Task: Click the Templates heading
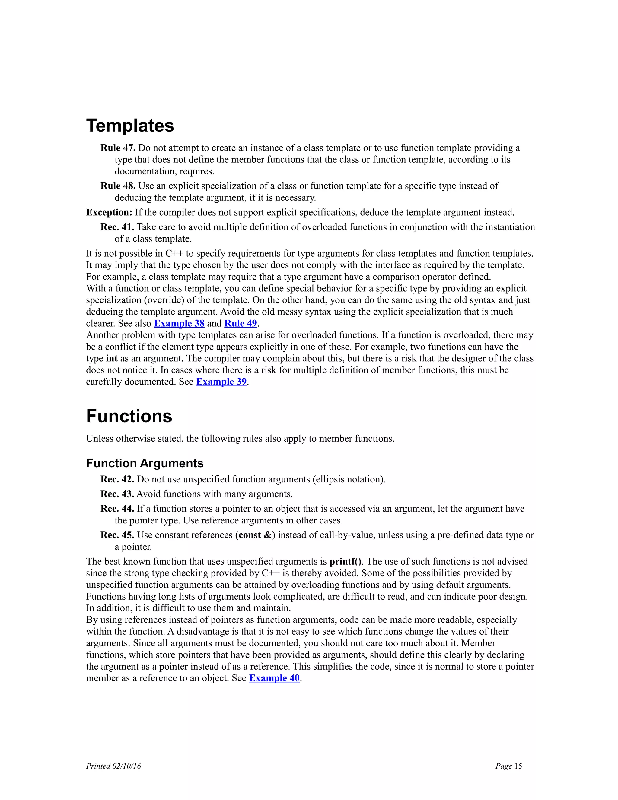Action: [130, 126]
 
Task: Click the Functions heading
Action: [129, 416]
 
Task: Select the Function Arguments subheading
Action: [145, 463]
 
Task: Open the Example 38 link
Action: [179, 323]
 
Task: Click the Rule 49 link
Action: [241, 323]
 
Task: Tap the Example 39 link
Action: [221, 382]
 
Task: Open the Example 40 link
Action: [274, 678]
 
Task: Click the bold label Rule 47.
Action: [118, 148]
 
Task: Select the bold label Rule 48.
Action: [118, 186]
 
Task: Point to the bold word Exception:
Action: [109, 213]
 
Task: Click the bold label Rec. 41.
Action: [117, 227]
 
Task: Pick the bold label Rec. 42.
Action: [117, 479]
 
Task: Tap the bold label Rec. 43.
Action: [117, 494]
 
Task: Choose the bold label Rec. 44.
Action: [117, 509]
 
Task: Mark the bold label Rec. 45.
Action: [117, 535]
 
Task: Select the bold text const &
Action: [255, 535]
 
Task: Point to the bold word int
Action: [112, 359]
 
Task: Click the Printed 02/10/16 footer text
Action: [113, 766]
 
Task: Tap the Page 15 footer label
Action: [508, 766]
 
